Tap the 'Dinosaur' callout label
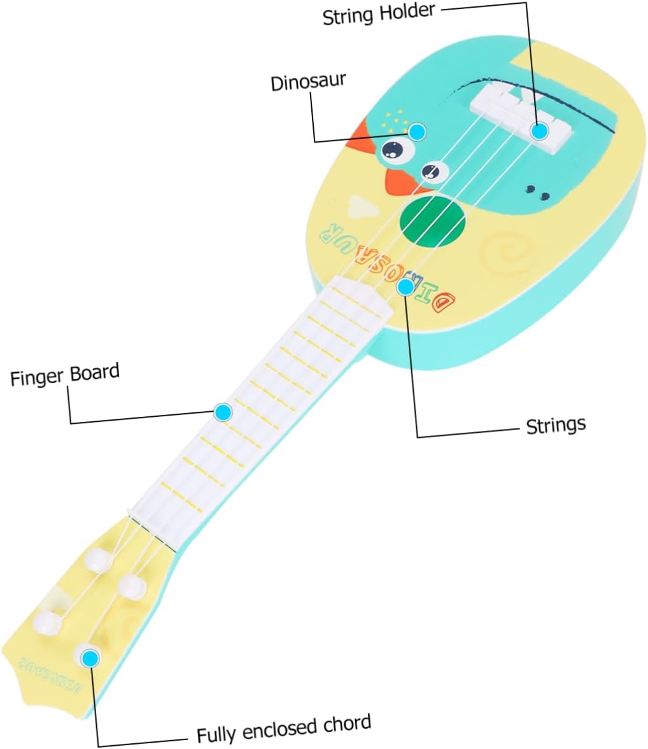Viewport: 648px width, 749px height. pos(308,81)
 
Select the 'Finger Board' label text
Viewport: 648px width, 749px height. pos(65,375)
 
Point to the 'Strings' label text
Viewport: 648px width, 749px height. pos(555,424)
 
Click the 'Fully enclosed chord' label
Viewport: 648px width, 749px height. pos(283,729)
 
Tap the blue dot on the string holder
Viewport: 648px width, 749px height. pos(539,131)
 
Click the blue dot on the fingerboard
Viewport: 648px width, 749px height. pos(222,412)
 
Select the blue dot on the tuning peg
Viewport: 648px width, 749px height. pos(90,658)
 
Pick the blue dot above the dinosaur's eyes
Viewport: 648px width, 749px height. pos(416,132)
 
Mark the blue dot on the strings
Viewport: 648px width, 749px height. pos(405,287)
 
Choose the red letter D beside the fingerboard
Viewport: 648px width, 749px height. pos(444,300)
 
